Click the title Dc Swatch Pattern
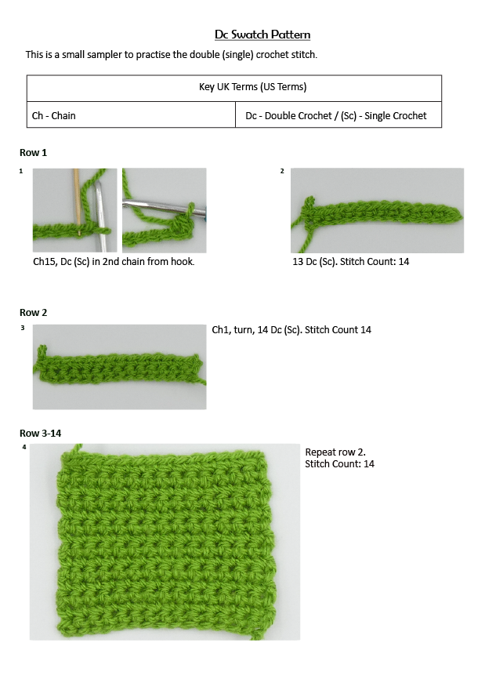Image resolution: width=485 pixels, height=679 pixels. (x=262, y=34)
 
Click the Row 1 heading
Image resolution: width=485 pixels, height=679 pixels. (x=34, y=152)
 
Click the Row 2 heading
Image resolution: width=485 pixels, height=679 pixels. (x=34, y=312)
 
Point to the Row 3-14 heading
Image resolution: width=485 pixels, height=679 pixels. (x=39, y=433)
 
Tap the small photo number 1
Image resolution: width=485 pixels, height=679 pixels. (x=21, y=171)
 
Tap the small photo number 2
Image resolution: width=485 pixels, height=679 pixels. (x=282, y=171)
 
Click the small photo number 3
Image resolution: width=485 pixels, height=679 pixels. (x=23, y=328)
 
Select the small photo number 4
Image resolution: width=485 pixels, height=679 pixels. (x=24, y=447)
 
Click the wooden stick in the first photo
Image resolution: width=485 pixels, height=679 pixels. (x=77, y=196)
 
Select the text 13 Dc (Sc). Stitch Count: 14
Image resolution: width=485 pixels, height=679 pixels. (x=350, y=261)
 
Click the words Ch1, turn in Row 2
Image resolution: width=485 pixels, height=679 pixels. (x=234, y=329)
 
